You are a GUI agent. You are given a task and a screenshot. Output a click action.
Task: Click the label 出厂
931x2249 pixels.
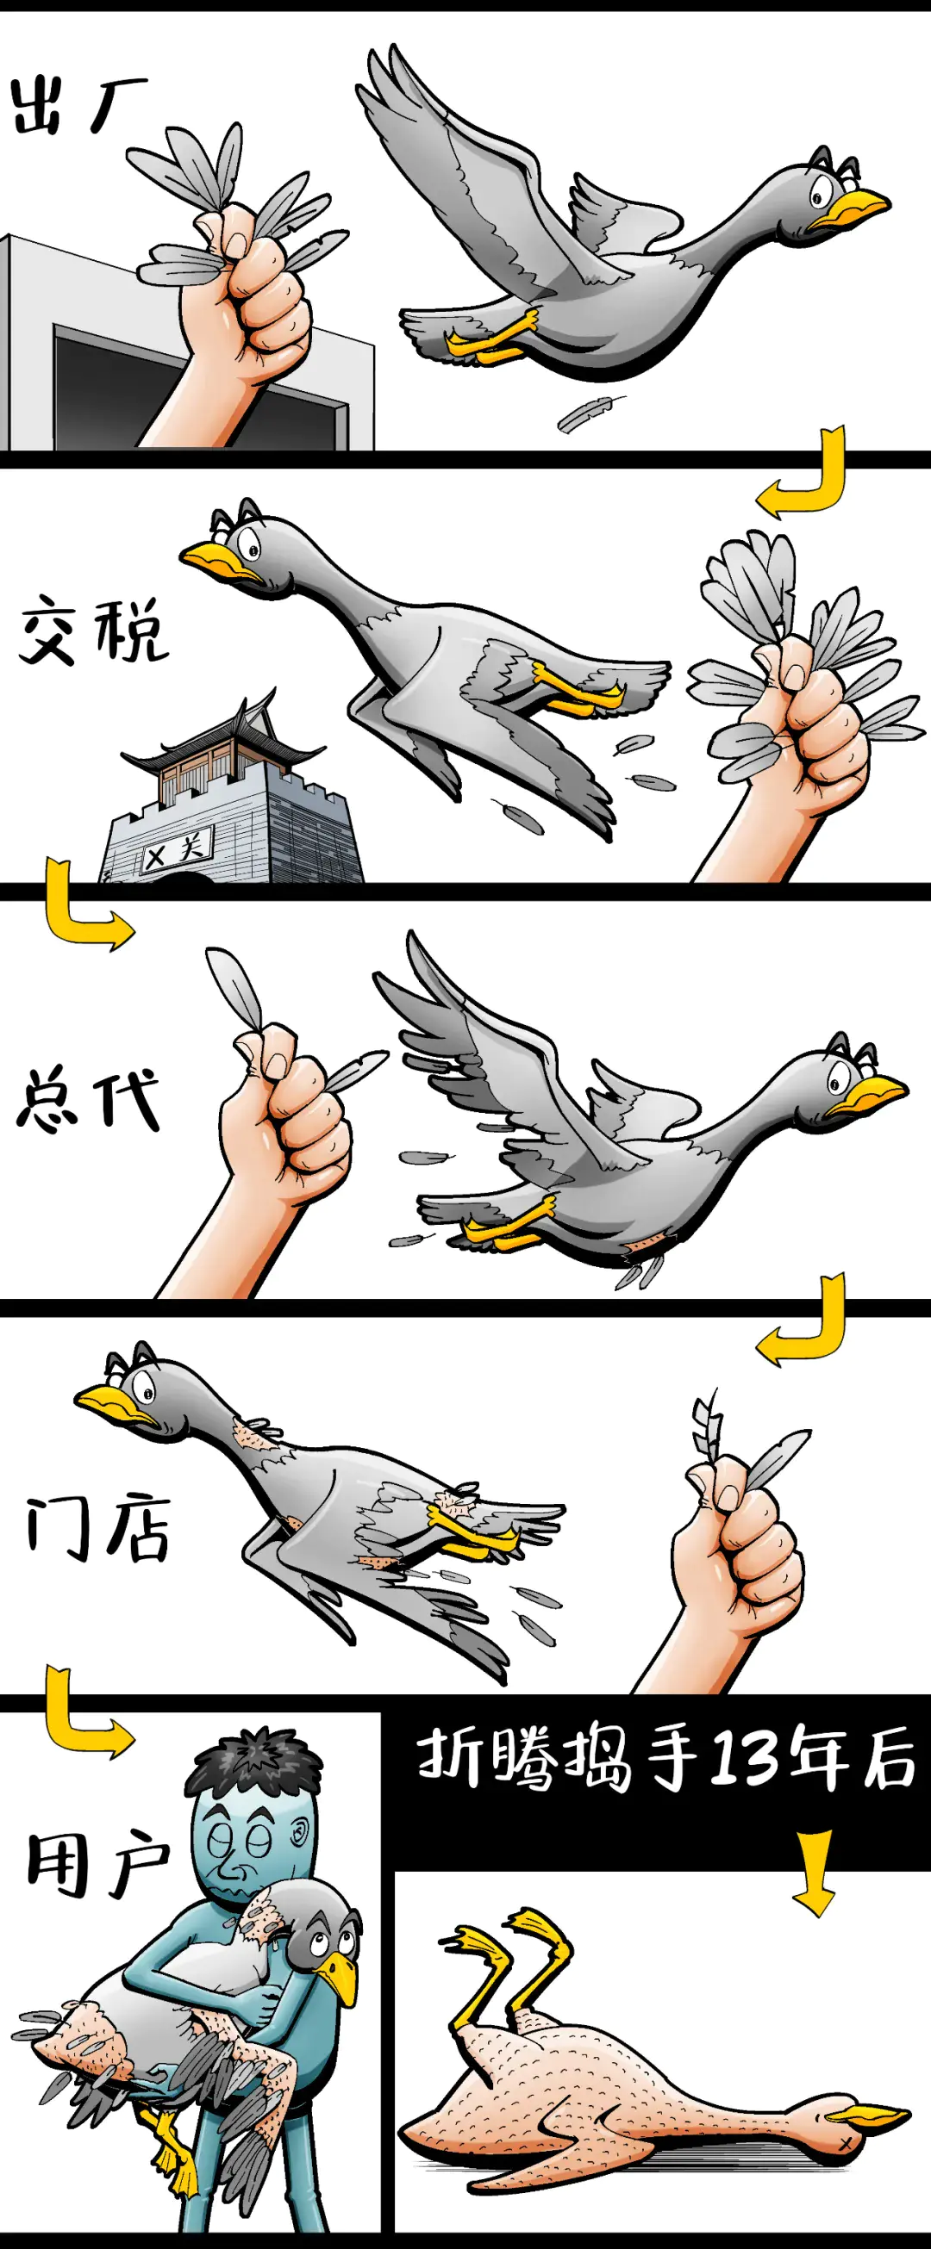click(78, 105)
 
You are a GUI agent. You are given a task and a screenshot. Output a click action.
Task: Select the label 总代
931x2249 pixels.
click(87, 1098)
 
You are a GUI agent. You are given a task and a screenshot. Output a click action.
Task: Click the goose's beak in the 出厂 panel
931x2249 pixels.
click(847, 210)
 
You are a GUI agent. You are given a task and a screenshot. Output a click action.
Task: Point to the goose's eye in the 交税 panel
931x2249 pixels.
click(253, 550)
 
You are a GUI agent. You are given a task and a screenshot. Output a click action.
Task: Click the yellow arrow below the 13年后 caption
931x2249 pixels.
click(814, 1873)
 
